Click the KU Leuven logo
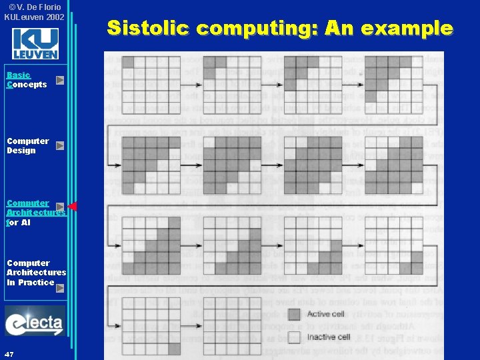tap(35, 43)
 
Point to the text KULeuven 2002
tap(34, 16)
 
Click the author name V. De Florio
tap(37, 7)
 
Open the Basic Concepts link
tap(27, 80)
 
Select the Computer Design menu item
tap(27, 145)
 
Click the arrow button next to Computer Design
tap(60, 145)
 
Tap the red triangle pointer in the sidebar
tap(73, 207)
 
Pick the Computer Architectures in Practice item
tap(36, 273)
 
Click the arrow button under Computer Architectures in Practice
tap(60, 289)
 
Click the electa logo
tap(35, 322)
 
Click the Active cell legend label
tap(328, 313)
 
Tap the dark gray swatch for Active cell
tap(294, 314)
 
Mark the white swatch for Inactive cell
tap(294, 337)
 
